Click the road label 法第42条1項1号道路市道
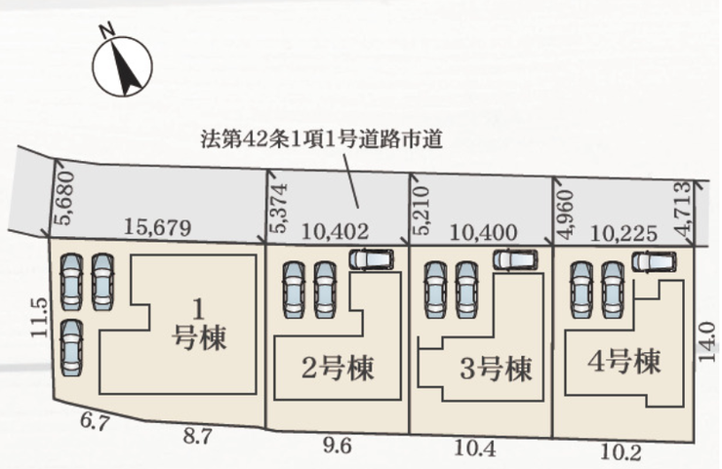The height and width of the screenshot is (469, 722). point(321,139)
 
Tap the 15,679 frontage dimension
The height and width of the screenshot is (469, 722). point(157,227)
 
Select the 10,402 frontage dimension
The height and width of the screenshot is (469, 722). point(335,231)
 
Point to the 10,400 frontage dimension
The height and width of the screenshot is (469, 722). point(483,233)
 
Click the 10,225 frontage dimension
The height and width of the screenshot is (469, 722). point(623,234)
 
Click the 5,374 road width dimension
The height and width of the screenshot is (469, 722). point(279,208)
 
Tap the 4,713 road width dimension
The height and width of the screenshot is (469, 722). point(684,210)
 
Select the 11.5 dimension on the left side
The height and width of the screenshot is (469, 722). point(40,317)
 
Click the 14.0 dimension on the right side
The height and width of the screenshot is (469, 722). point(706,341)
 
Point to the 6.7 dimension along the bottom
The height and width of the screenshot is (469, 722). point(95,421)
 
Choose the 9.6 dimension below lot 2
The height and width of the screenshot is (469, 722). point(338,446)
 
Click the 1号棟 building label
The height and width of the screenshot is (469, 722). point(199,325)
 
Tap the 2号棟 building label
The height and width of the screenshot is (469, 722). point(337,369)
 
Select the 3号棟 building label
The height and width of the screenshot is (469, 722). point(496,369)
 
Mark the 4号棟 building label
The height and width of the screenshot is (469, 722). point(623,362)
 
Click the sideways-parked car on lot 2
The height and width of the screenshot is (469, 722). point(371,259)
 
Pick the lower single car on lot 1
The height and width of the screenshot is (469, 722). point(72,347)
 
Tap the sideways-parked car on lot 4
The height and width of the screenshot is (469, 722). point(655,261)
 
